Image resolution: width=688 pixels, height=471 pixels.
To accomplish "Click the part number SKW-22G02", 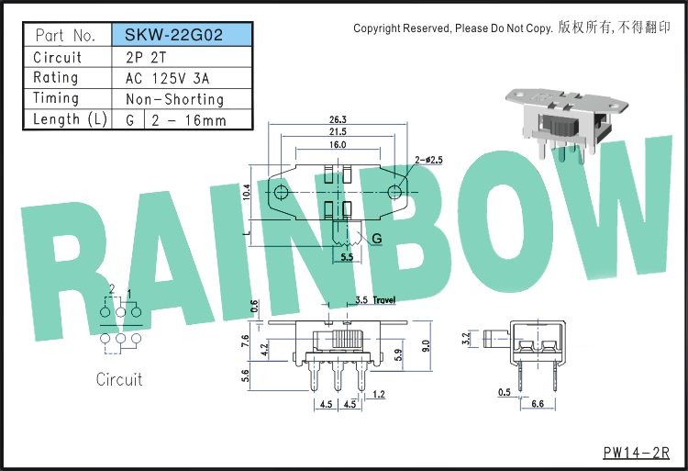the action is tap(173, 35).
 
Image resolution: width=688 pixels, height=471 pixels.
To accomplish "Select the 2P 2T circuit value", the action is tap(146, 57).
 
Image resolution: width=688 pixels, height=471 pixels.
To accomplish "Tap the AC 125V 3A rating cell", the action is tap(167, 78).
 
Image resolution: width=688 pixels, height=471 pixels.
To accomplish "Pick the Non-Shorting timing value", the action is tap(174, 99).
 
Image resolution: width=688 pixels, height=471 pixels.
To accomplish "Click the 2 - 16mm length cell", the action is tap(189, 120).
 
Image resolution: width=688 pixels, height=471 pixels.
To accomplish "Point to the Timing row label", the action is tap(56, 98).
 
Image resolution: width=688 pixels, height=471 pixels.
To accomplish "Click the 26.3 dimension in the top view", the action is tap(338, 119).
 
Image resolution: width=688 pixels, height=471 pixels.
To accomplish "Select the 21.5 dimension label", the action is tap(338, 131).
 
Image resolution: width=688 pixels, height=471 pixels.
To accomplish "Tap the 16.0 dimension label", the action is tap(338, 144).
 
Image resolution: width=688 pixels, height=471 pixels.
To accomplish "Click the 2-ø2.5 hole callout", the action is tap(428, 160).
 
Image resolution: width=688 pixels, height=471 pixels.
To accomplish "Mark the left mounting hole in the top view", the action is tap(281, 192).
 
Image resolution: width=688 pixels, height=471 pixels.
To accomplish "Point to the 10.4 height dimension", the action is tap(246, 192).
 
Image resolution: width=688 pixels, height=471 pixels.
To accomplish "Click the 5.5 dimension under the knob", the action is tap(347, 257).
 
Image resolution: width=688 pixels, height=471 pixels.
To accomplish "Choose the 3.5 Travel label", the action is tap(375, 300).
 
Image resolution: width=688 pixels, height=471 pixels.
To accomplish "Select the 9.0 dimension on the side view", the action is tap(426, 346).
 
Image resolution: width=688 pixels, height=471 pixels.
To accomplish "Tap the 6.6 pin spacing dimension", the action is tap(538, 403).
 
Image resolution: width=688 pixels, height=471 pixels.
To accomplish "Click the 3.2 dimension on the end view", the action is tap(466, 339).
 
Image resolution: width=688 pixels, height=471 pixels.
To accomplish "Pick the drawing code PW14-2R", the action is tap(637, 453).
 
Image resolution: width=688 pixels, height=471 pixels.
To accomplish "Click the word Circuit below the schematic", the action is tap(119, 379).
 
